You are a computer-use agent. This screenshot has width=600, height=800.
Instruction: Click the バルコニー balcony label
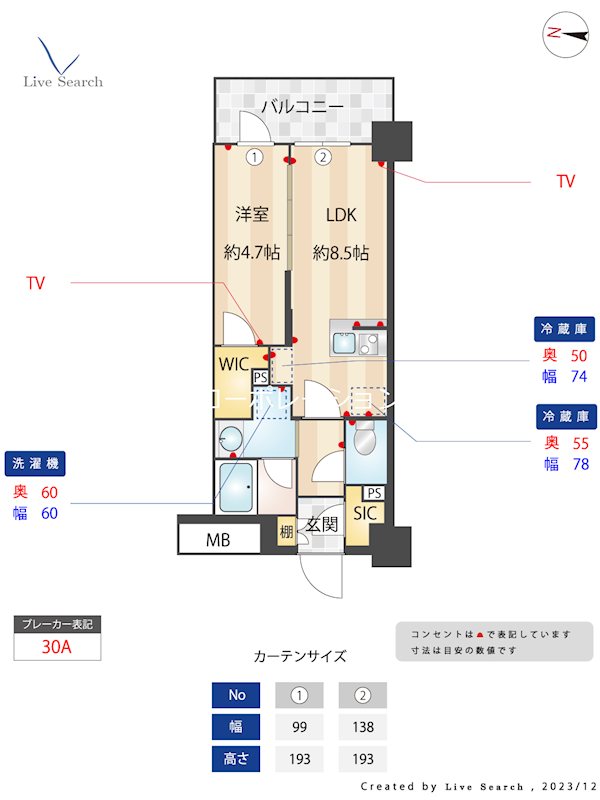pos(302,106)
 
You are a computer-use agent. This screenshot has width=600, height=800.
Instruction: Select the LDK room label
pos(340,214)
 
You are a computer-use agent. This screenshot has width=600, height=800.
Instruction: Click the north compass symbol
pos(565,33)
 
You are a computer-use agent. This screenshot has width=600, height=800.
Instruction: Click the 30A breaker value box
pos(57,647)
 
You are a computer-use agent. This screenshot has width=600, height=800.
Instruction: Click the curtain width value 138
pos(362,727)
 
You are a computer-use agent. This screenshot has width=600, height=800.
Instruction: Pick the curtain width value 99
pos(299,727)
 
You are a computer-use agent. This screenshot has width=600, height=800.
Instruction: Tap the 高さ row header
pos(237,759)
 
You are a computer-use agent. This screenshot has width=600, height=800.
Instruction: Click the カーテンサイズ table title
pos(300,657)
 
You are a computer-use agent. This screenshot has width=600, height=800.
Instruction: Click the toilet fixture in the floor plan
pos(363,440)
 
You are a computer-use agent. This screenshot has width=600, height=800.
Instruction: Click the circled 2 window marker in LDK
pos(323,157)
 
